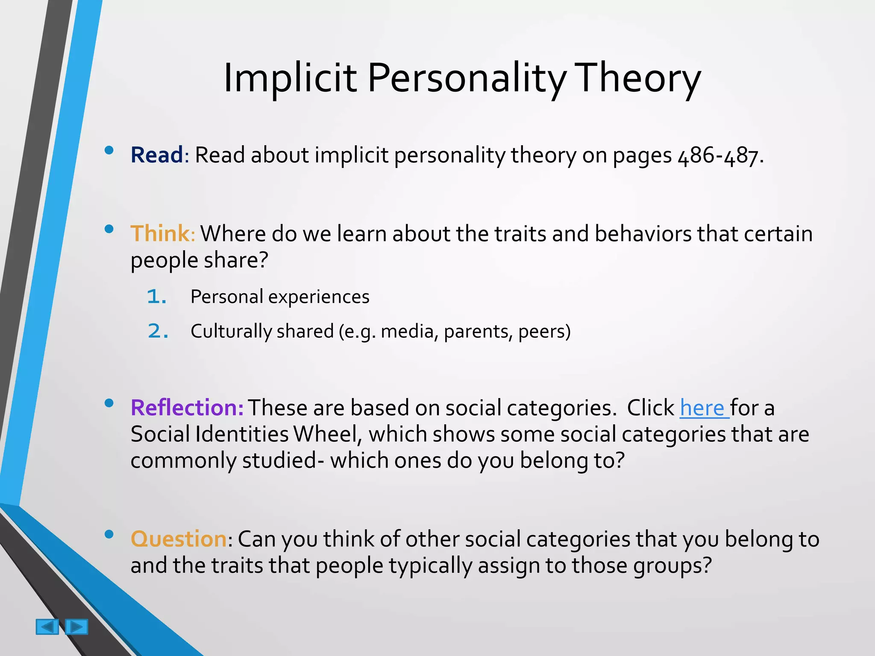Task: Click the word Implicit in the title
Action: (290, 78)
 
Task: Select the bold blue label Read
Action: (157, 155)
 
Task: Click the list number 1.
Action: (156, 297)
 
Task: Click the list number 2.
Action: (157, 331)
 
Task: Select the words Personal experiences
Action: (280, 297)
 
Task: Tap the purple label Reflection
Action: (187, 407)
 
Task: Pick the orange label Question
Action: (179, 539)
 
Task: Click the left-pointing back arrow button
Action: (47, 627)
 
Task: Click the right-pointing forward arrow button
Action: (76, 627)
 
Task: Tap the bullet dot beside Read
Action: (109, 150)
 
